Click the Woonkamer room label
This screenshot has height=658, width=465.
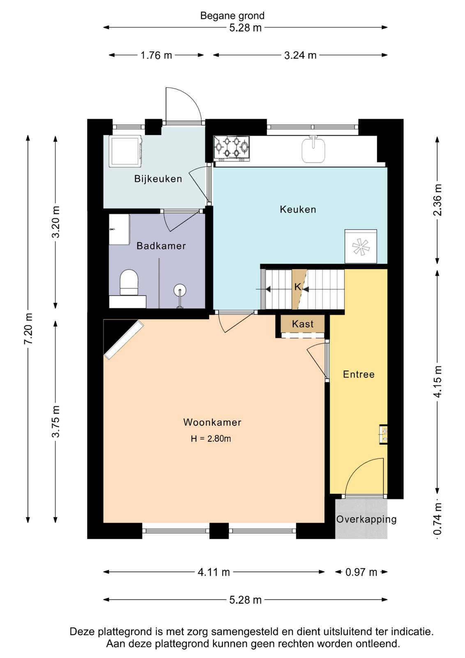[x=212, y=422]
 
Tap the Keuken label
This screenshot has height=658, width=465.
[x=298, y=209]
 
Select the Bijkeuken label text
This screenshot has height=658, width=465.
[x=158, y=178]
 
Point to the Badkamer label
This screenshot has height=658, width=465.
[x=161, y=246]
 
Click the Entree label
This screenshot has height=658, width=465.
[x=359, y=374]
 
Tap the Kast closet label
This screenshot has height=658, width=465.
[x=303, y=324]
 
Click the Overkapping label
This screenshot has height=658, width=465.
[x=366, y=519]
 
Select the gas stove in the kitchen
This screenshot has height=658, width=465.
[x=232, y=148]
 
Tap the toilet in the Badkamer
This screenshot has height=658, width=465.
[x=129, y=282]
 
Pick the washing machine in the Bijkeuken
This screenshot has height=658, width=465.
[x=126, y=151]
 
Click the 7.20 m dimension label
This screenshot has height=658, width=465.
[x=28, y=329]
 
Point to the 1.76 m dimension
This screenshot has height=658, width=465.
[x=156, y=55]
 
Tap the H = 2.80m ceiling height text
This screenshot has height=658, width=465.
[x=211, y=439]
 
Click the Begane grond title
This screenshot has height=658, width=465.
[x=232, y=16]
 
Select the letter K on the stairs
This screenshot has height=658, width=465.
[x=297, y=287]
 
